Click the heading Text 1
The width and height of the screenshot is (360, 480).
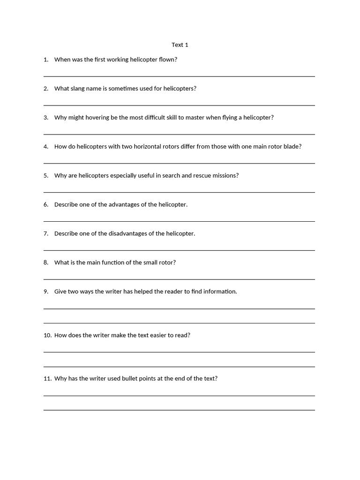pyautogui.click(x=180, y=45)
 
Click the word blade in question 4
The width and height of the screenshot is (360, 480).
pyautogui.click(x=292, y=147)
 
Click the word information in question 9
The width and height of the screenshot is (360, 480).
pyautogui.click(x=220, y=292)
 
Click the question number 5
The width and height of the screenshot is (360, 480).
pyautogui.click(x=46, y=176)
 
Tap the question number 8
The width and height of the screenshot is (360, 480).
pyautogui.click(x=46, y=263)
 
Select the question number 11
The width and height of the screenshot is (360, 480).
pyautogui.click(x=47, y=379)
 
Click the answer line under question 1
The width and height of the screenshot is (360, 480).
pyautogui.click(x=179, y=76)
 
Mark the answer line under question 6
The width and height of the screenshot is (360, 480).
pyautogui.click(x=179, y=221)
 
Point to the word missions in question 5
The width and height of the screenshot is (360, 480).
pyautogui.click(x=227, y=176)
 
